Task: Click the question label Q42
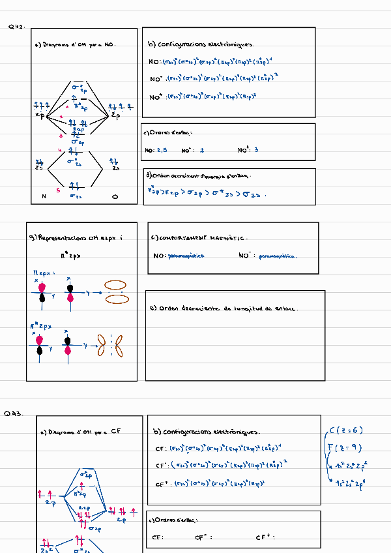pos(16,27)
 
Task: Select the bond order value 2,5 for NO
pos(161,150)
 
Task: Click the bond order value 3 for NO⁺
pos(257,150)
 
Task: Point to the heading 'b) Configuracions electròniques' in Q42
pos(201,45)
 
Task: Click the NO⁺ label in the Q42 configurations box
pos(156,97)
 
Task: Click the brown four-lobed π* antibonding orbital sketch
pos(110,346)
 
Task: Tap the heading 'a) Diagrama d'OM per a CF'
pos(80,431)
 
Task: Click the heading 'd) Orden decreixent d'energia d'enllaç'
pos(199,175)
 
